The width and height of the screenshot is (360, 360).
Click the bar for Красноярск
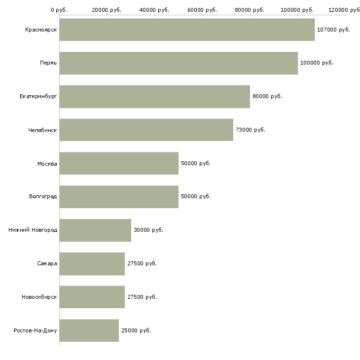coord(187,30)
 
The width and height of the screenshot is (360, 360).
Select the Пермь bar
coord(179,63)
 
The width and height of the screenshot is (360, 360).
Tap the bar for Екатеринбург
coord(154,96)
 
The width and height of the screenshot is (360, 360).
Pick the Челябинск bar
coord(146,130)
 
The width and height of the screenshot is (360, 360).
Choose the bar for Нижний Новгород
coord(95,230)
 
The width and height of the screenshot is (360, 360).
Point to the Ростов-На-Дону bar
coord(89,330)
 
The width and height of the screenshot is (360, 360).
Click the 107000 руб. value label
coord(333,30)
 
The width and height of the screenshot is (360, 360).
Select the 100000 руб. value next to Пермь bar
coord(317,63)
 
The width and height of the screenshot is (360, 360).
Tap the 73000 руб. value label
coord(251,130)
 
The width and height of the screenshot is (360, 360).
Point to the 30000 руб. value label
coord(148,230)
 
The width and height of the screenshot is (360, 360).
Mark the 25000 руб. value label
coord(136,330)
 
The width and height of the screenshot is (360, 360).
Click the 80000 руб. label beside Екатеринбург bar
coord(267,96)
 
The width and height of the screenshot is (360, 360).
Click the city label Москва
coord(47,163)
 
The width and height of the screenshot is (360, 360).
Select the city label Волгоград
coord(43,197)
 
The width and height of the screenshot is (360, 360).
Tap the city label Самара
coord(47,263)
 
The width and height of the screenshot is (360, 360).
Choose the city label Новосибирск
coord(39,297)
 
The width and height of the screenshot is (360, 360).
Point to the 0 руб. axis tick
coord(59,10)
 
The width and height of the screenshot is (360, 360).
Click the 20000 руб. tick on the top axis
coord(107,10)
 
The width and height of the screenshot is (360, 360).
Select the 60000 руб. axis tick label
coord(202,10)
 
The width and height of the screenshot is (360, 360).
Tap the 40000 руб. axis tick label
coord(154,10)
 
